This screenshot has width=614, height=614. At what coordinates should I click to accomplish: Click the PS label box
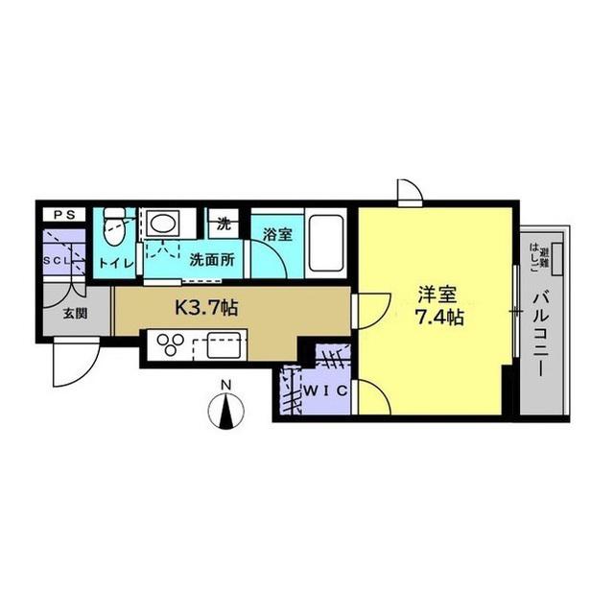tap(64, 215)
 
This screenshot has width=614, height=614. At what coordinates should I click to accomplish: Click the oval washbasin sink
tap(163, 224)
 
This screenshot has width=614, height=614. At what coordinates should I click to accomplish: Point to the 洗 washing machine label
tap(224, 224)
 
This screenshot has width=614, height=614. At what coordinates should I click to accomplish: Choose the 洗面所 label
tap(212, 260)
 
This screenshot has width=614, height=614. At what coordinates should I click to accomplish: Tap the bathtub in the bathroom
tap(326, 244)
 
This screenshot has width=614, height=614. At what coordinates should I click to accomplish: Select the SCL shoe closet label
tap(58, 260)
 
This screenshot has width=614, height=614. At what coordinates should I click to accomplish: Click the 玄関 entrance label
tap(75, 314)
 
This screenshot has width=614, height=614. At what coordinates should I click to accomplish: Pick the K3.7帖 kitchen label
tap(206, 307)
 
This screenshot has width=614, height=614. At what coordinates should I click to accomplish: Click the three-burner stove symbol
tap(171, 344)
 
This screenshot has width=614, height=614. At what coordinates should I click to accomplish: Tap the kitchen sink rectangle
tap(224, 345)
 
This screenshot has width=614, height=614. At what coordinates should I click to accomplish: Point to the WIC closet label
tap(326, 390)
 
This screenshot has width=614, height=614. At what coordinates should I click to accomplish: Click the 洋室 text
tap(437, 295)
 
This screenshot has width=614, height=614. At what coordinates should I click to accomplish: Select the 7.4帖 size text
tap(439, 318)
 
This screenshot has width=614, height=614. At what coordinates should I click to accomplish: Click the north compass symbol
tap(226, 412)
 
